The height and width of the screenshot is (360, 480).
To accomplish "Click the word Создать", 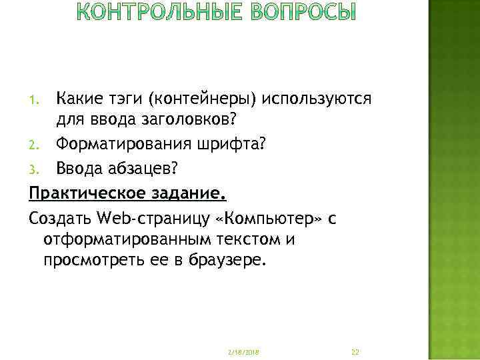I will tap(60, 218).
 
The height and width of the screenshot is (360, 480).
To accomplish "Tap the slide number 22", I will tap(355, 351).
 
